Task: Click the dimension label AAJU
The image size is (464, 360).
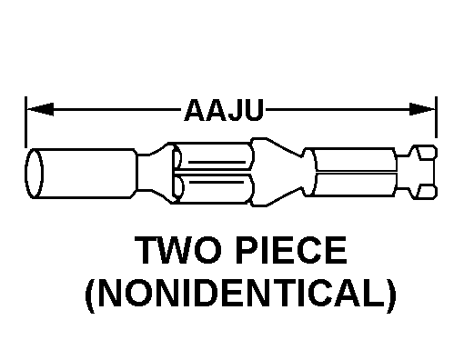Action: [224, 110]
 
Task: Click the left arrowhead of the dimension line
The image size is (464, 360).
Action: [40, 109]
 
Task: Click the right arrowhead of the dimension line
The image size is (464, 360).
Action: [422, 109]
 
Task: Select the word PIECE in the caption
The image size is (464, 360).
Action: [291, 250]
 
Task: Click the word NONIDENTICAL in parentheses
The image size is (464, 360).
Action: [241, 294]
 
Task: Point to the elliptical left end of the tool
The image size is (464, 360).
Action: [34, 174]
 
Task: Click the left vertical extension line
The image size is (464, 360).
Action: [25, 123]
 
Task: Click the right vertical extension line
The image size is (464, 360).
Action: [436, 117]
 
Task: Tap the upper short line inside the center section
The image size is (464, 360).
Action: [217, 163]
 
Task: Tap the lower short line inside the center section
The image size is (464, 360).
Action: [217, 182]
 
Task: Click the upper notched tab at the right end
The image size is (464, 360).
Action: [424, 153]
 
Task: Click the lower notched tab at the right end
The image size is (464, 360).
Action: [424, 192]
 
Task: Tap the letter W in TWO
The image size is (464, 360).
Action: [177, 250]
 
